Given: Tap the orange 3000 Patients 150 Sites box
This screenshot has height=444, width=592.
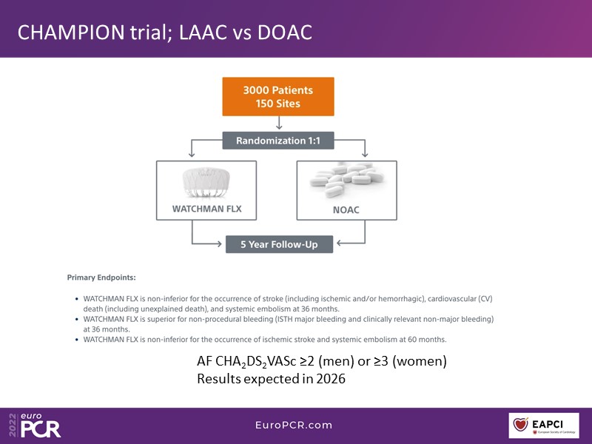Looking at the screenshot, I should point(277,97).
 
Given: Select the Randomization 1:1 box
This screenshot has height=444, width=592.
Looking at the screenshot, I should point(278,141).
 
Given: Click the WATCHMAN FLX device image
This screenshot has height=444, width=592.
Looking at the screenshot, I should point(208,182).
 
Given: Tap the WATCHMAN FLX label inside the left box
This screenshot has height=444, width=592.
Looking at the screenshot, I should point(206,209).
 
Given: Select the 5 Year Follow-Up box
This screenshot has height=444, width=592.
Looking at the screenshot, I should point(279,243).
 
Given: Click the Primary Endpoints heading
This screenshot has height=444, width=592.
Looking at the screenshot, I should point(101,278).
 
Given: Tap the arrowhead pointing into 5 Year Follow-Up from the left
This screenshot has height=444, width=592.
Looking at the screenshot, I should point(221,243).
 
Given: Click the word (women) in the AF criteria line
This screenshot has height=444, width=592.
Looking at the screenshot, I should point(417,361).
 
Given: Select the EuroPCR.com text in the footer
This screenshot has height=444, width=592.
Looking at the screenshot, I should point(295,425).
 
